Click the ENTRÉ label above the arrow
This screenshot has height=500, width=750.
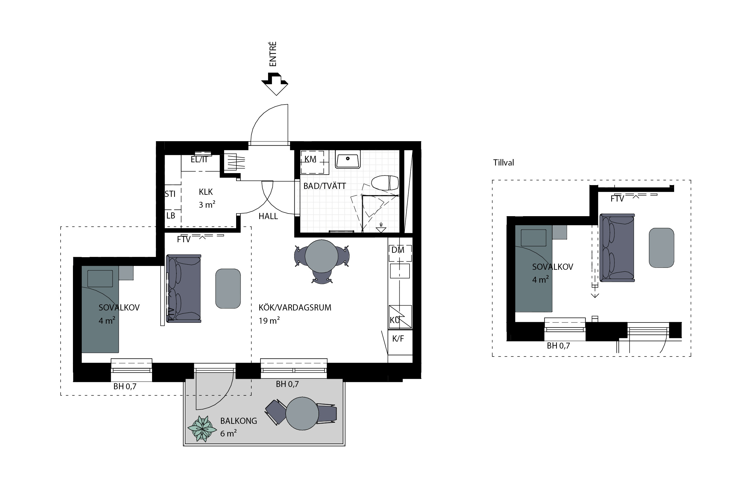273,54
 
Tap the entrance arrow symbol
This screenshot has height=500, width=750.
275,84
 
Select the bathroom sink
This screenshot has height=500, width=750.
347,159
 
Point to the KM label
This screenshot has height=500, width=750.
310,159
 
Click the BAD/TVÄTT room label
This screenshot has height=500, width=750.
325,186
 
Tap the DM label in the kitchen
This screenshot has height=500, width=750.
398,250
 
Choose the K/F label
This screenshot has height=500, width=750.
398,339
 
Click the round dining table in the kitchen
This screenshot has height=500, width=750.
321,256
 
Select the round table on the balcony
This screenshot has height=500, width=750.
302,413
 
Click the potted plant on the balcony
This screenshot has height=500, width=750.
202,429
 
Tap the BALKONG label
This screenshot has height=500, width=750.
238,421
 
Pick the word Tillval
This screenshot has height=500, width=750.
504,163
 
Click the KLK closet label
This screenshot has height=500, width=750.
206,192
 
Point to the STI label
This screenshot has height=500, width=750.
170,194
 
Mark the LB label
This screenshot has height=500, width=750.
171,216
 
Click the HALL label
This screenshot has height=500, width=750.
268,216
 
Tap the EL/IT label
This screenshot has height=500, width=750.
199,159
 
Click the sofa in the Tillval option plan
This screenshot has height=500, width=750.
617,248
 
